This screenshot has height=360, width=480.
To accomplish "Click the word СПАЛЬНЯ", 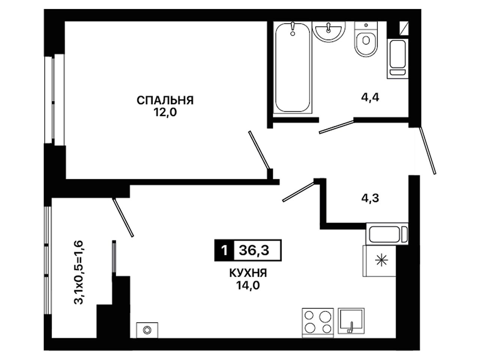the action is [165, 100].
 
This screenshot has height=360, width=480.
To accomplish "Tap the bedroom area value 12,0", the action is [165, 112].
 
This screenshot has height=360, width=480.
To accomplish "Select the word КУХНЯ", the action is [248, 273].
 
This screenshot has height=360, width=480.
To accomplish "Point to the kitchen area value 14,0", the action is [248, 285].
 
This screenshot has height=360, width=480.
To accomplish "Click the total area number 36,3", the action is [254, 250].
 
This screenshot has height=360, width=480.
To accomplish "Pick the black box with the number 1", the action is [224, 250].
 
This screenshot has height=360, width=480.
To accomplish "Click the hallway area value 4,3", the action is [370, 198].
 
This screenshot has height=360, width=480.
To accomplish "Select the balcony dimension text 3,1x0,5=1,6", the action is [79, 272].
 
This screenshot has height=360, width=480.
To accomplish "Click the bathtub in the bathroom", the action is [292, 68].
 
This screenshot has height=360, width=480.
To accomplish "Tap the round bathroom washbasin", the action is [328, 32].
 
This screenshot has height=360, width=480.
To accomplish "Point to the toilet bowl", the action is [366, 39].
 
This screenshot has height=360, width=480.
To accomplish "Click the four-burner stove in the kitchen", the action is [318, 326].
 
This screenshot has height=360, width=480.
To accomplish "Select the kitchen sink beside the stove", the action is [351, 324].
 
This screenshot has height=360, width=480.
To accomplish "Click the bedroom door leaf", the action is [259, 150].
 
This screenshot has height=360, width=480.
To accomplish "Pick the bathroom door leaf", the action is [336, 127].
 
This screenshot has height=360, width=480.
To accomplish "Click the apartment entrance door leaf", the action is [427, 151].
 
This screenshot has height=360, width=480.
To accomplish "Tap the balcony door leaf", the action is [123, 217].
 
